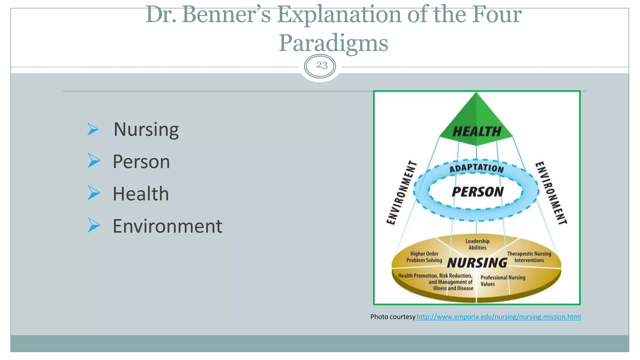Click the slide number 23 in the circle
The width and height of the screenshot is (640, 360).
[x=322, y=65]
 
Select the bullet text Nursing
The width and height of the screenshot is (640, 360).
[x=146, y=129]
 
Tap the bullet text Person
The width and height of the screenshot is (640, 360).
[x=141, y=162]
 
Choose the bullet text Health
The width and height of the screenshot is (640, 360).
[x=141, y=194]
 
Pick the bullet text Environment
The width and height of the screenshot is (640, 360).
[x=167, y=226]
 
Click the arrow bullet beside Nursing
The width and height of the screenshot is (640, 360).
[x=93, y=129]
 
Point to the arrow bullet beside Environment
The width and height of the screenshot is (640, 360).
[x=94, y=225]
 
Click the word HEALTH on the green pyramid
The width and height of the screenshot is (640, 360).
[x=477, y=132]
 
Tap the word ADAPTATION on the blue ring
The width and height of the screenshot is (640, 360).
[x=477, y=168]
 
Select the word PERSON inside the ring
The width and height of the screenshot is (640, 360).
[x=477, y=192]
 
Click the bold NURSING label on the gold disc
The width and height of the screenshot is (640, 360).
[x=477, y=263]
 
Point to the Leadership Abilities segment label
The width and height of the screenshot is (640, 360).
[x=477, y=244]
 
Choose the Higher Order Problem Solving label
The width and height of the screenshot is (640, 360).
[x=424, y=257]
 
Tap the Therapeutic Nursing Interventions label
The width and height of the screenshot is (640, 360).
[x=529, y=257]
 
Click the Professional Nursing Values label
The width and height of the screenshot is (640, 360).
[x=502, y=281]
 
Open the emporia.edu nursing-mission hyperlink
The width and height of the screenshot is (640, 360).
[x=498, y=317]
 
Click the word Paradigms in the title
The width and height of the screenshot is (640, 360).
[x=333, y=43]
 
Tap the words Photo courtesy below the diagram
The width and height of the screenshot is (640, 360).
[x=392, y=317]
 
